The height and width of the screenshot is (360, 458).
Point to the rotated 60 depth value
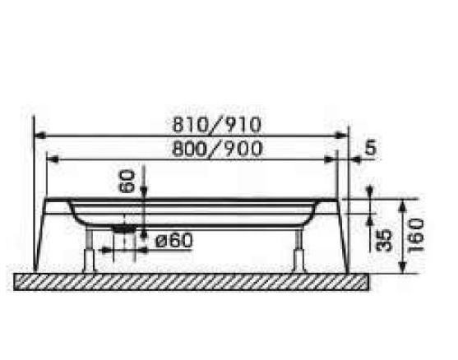pos(127,181)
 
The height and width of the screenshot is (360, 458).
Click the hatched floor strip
pos(193,280)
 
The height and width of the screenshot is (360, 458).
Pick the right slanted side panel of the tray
pos(344,234)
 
